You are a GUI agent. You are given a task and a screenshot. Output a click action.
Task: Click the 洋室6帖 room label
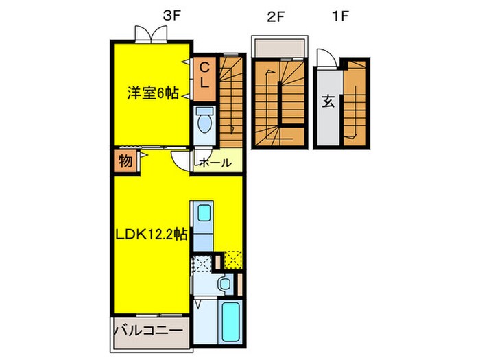(152, 94)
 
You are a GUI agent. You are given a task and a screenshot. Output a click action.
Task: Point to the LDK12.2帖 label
(151, 235)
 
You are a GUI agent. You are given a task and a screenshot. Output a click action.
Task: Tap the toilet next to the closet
(204, 121)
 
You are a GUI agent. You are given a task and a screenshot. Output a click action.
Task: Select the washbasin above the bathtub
(224, 285)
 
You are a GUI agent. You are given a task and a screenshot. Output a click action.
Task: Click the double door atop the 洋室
(151, 32)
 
